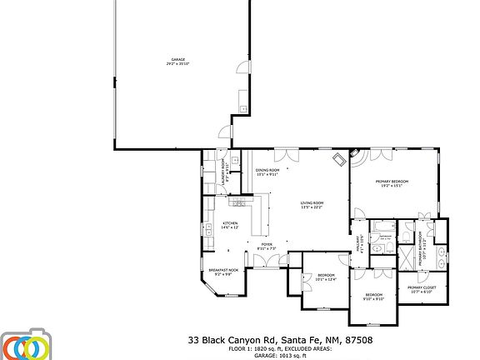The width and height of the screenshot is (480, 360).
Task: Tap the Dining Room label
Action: coord(267,172)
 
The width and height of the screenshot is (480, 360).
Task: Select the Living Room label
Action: coord(312,205)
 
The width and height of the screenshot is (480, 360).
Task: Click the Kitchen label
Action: coord(230,225)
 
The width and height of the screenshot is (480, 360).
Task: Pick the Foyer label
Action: coord(267,247)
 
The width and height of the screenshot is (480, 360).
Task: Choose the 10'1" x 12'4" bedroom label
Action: coord(325,277)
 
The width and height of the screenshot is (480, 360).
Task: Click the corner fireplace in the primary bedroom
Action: coord(357,155)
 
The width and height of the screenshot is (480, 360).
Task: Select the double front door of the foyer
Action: coord(267,265)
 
